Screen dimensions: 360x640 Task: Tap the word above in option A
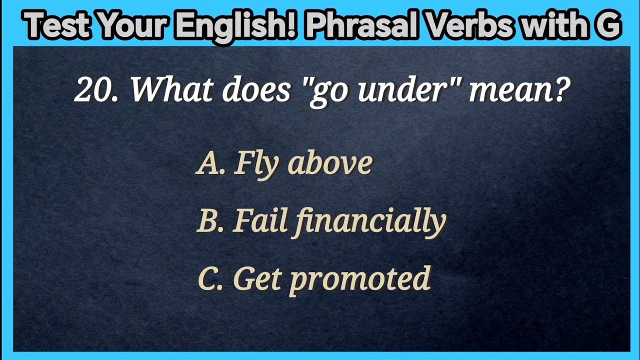[330, 163]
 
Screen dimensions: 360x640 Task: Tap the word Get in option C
[258, 279]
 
